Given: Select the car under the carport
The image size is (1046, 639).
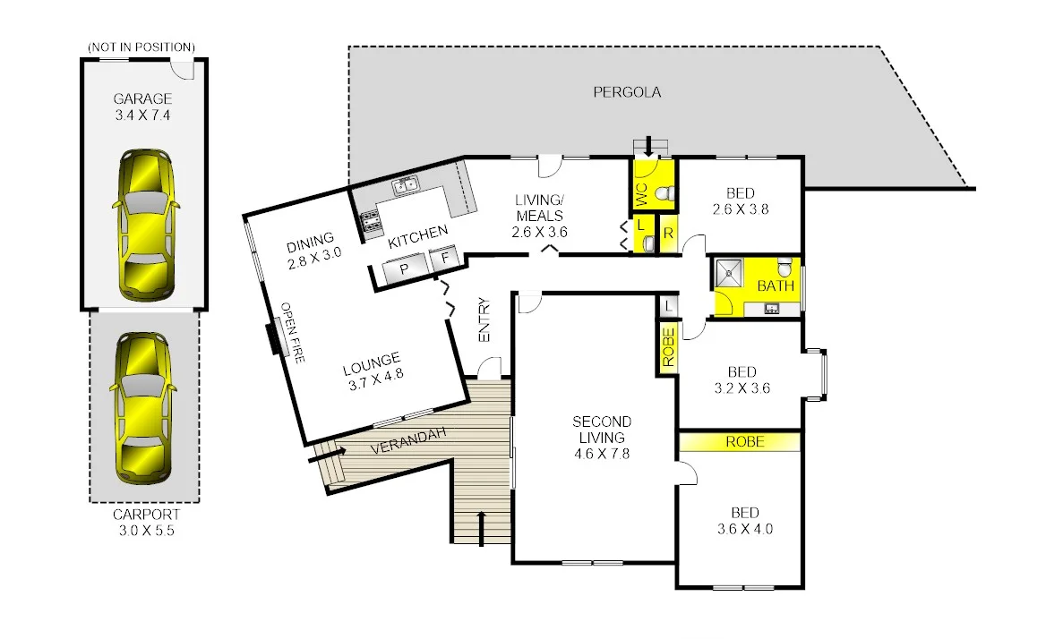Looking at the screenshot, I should [142, 407].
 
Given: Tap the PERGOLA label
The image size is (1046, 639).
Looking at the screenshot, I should [627, 92].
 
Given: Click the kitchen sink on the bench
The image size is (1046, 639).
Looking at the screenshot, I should [407, 186].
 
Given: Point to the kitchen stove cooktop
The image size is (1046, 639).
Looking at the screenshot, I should [369, 220].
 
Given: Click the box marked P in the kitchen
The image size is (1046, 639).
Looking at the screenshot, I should [403, 268].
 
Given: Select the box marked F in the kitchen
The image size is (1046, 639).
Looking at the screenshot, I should [443, 260].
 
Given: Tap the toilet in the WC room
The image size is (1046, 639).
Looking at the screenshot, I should [664, 193].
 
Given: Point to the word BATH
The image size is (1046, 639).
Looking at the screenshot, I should [776, 287].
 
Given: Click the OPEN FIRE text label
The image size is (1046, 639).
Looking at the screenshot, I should [293, 332].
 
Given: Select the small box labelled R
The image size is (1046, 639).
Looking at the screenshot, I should [668, 233].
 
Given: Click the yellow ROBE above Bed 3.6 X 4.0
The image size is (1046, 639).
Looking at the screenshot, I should [744, 441].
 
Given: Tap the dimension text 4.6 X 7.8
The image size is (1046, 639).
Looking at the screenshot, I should [602, 454].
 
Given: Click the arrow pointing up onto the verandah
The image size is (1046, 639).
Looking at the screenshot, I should [482, 527].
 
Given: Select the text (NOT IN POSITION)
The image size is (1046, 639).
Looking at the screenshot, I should [142, 47].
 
